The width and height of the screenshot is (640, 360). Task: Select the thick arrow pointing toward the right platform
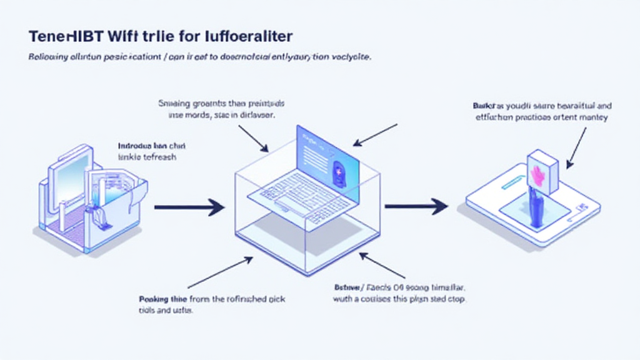coord(415,206)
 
